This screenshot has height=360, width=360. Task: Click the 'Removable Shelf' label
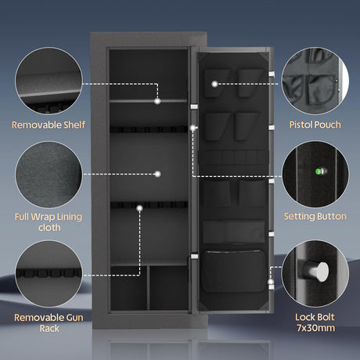[49, 124]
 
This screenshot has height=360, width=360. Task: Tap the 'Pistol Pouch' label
[315, 124]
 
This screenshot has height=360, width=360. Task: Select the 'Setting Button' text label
[315, 216]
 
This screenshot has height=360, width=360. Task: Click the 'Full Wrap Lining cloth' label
[49, 222]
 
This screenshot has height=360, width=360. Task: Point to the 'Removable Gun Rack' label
[49, 322]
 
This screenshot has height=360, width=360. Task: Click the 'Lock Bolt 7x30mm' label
[315, 322]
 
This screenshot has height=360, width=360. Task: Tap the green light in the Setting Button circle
[319, 171]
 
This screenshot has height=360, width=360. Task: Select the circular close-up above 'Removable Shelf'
[49, 81]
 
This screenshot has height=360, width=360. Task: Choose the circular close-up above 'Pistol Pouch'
[315, 81]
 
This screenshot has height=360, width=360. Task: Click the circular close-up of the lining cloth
[49, 175]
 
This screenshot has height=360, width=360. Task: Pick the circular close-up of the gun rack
[49, 274]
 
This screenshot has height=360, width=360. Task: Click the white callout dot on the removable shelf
[157, 101]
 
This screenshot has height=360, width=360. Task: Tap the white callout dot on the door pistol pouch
[214, 84]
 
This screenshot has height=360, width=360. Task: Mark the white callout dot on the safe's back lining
[157, 174]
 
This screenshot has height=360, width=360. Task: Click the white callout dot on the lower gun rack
[140, 208]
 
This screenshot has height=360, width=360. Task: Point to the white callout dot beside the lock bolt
[271, 282]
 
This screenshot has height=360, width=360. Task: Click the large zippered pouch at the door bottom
[233, 271]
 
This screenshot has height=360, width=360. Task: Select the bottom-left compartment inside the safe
[128, 288]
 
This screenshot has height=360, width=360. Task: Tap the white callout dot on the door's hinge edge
[193, 128]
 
